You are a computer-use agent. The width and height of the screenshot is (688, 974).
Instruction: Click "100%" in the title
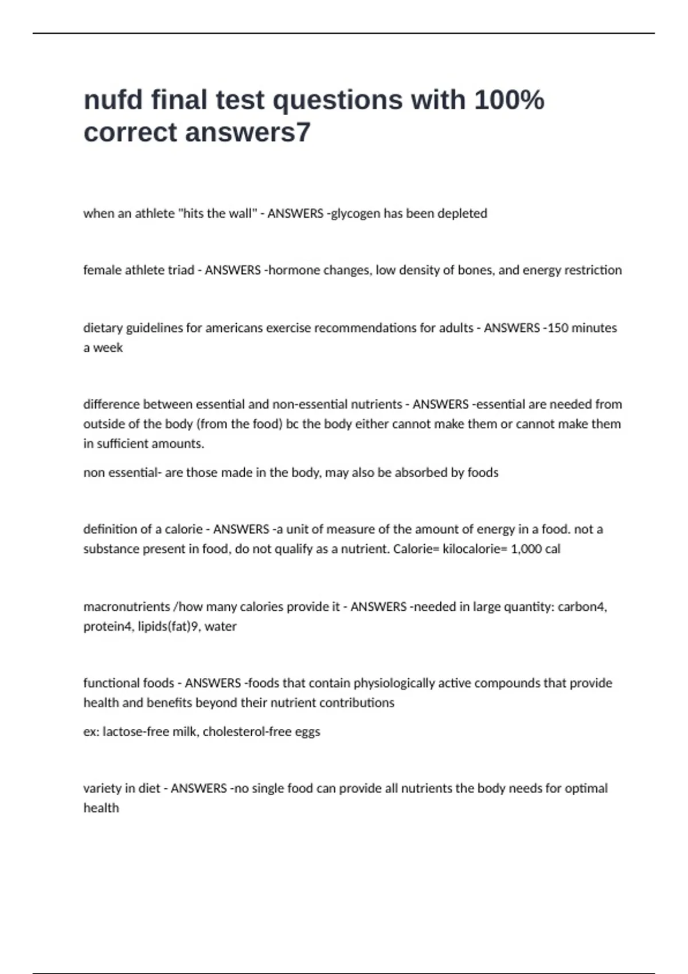(509, 100)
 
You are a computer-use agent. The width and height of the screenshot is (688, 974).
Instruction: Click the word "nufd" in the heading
(113, 100)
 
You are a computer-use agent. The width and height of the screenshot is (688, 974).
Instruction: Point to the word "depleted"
(462, 213)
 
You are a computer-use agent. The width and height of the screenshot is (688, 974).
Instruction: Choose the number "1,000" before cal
(526, 548)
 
